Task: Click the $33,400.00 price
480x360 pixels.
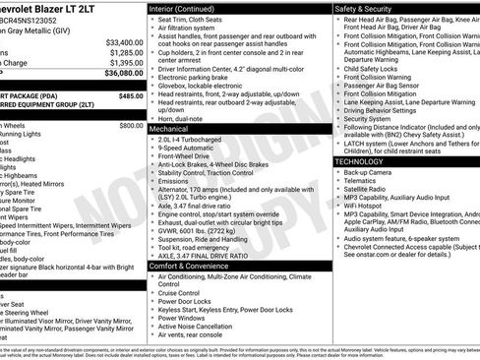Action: click(x=124, y=42)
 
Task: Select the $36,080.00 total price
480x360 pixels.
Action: click(x=124, y=73)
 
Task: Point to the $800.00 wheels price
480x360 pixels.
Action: click(x=131, y=126)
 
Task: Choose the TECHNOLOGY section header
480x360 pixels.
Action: click(x=359, y=160)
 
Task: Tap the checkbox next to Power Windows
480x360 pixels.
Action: click(x=151, y=319)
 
